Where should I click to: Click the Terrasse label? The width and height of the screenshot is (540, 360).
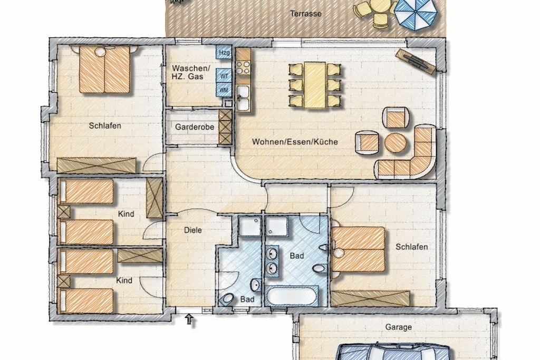point(305,14)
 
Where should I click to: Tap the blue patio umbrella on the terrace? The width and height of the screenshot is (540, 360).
point(415,14)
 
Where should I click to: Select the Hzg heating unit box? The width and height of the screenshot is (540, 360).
point(224,53)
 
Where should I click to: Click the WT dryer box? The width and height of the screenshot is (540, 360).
point(224,75)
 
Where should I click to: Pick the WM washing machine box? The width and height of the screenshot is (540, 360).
point(224,90)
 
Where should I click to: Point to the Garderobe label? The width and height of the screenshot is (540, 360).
point(194,127)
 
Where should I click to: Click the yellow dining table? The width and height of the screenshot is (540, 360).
point(315,85)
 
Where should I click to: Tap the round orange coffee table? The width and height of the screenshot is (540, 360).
point(395,143)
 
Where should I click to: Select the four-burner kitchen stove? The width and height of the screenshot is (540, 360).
point(243,67)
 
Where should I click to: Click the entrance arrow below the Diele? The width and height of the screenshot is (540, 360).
point(189,319)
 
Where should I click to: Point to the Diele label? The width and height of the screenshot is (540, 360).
point(193,230)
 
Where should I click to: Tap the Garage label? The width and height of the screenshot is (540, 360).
point(399,327)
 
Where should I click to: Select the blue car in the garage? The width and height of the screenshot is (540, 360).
point(393,352)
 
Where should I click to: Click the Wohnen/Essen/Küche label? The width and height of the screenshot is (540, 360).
point(295,142)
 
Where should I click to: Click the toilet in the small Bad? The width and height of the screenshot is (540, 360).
point(226,299)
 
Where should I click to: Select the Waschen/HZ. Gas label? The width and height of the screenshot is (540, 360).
point(190,72)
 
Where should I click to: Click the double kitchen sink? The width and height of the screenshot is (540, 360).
point(243,98)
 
